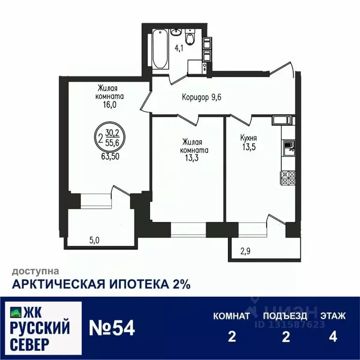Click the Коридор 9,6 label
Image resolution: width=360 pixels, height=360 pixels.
[202, 97]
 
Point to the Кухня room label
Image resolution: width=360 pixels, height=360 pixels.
[248, 138]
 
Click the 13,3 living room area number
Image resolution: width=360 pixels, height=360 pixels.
[192, 158]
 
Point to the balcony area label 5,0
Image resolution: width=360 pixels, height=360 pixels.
[95, 240]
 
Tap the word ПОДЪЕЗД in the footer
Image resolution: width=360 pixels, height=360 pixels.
[285, 316]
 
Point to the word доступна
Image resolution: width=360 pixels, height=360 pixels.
[35, 271]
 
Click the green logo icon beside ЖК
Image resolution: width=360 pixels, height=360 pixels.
[16, 311]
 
